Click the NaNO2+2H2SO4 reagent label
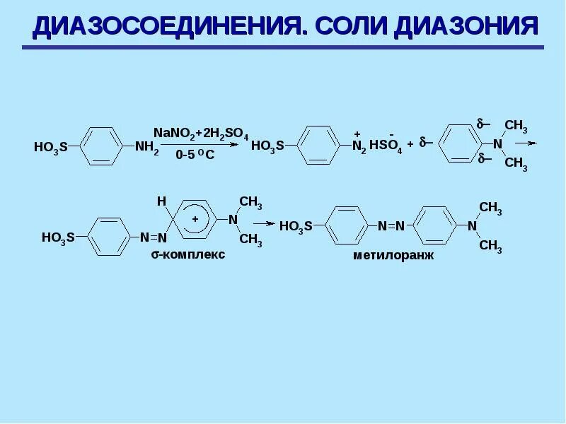(201, 131)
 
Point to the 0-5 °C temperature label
(196, 156)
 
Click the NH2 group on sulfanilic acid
(147, 148)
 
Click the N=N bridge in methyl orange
(391, 226)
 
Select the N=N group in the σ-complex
(153, 237)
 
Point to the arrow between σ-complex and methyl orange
(265, 223)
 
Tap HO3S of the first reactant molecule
(50, 148)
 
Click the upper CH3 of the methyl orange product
(490, 208)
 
